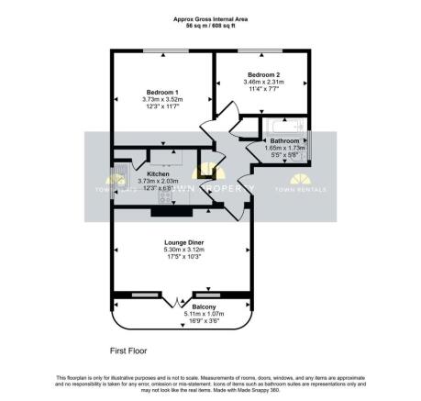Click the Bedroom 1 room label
pos(162,92)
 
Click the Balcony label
pos(179,307)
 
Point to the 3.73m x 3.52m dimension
pos(162,100)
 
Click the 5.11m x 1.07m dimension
pos(179,315)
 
